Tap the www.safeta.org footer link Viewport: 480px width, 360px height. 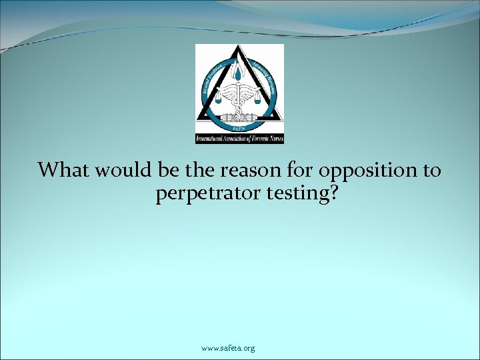point(228,348)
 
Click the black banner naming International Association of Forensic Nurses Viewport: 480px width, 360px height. point(239,138)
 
